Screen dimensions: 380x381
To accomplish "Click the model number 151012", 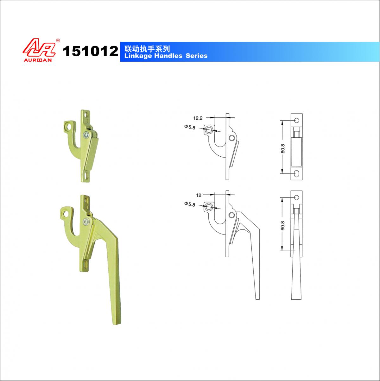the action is [91, 51].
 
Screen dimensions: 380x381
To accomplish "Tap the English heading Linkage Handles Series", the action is [166, 56].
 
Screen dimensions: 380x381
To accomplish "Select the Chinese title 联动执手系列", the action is [147, 49].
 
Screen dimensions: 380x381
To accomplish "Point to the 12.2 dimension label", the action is [198, 118].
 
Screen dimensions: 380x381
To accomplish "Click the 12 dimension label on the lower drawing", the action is [199, 195].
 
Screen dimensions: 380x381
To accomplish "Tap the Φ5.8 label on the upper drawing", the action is [190, 127].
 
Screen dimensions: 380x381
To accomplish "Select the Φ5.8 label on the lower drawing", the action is [190, 204].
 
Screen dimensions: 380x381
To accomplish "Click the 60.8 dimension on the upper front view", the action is [282, 148].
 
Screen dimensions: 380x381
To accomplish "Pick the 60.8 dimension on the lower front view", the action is [282, 226].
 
